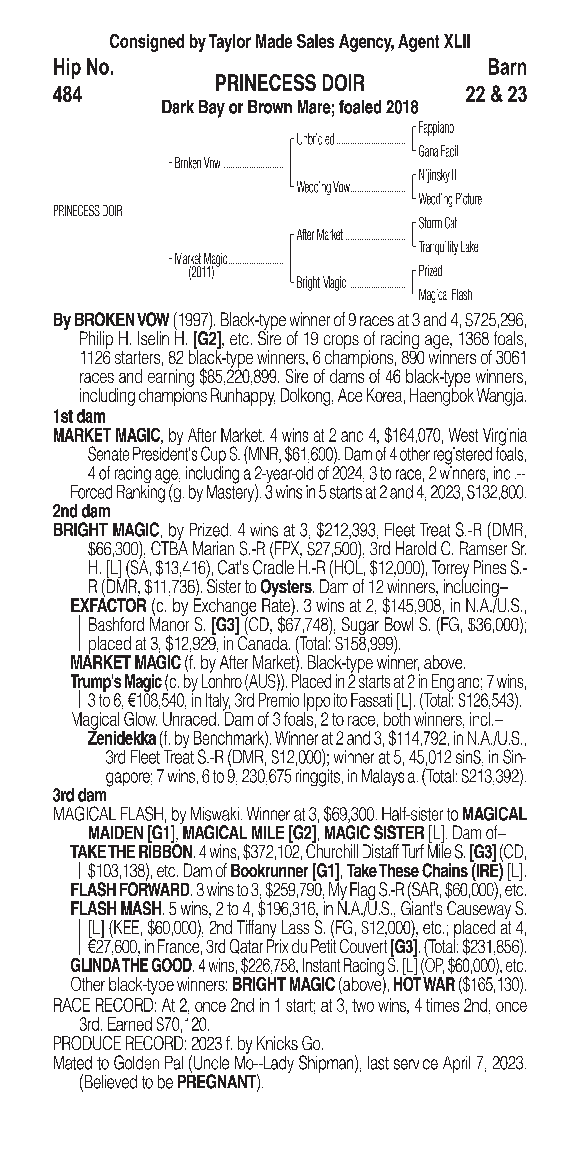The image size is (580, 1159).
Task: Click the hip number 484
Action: pos(67,94)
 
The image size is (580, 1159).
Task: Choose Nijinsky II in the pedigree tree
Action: pos(437,175)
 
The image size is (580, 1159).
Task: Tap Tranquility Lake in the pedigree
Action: pos(448,247)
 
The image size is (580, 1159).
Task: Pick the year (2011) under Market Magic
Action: pos(201,273)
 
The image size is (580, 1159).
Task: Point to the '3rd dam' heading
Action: pos(80,795)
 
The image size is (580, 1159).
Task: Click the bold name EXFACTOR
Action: pos(108,606)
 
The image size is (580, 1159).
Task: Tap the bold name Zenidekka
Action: pos(122,738)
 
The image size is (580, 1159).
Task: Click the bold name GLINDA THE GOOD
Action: pos(131,966)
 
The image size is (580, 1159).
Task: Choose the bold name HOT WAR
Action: pos(423,985)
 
